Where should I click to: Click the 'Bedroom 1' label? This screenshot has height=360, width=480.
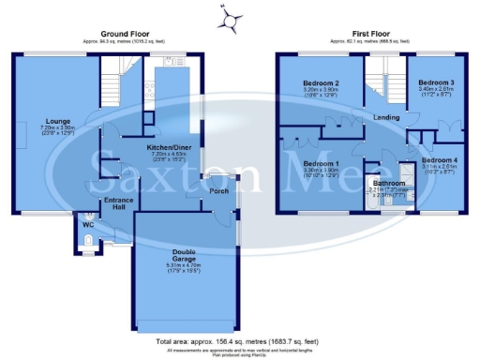coord(321,164)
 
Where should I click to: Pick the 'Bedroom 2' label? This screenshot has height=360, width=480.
coord(321,82)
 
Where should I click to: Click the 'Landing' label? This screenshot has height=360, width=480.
coord(385,118)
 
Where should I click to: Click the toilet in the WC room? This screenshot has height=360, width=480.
coord(85,245)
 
